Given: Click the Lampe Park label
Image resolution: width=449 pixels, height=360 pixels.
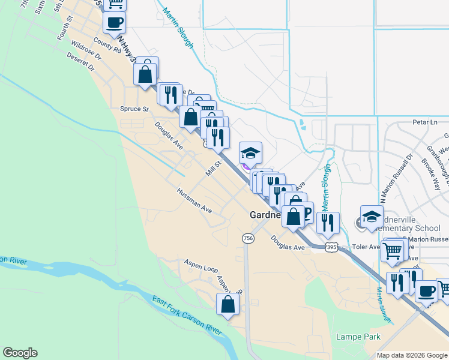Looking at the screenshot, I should click(x=359, y=337).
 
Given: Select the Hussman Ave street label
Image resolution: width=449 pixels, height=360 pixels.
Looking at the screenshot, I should click(x=194, y=201).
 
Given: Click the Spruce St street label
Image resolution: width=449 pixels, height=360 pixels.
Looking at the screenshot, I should click(x=134, y=109).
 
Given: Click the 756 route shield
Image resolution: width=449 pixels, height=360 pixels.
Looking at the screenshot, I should click(x=248, y=238).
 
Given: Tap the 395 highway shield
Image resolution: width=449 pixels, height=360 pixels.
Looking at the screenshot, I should click(x=330, y=247).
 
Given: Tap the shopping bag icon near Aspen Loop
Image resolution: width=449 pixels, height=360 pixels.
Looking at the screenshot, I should click(x=228, y=304).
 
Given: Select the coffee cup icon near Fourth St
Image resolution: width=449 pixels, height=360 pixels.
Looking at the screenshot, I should click(x=114, y=22).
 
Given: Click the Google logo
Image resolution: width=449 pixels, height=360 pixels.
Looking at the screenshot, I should click(x=20, y=353).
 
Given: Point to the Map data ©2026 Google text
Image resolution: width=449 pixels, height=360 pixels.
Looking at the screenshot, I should click(x=412, y=355).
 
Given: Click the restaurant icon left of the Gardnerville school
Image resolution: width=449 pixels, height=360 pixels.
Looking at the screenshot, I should click(x=328, y=223).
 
